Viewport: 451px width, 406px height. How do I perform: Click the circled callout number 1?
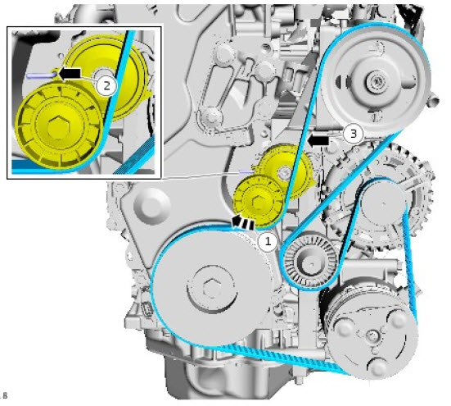click(268, 241)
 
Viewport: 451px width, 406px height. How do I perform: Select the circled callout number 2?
click(106, 85)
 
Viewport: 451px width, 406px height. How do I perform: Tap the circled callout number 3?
click(354, 134)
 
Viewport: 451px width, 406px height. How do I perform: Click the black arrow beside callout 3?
click(318, 141)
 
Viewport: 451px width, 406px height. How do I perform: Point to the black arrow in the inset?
click(70, 73)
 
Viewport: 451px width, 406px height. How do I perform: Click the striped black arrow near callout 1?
click(243, 222)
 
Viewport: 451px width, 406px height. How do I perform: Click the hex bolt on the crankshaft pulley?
click(212, 289)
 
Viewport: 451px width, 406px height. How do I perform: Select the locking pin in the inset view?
click(41, 75)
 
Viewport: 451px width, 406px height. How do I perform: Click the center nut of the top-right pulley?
click(375, 82)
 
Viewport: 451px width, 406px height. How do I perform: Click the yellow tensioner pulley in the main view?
click(258, 201)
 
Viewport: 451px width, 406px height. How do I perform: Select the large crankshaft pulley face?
click(211, 288)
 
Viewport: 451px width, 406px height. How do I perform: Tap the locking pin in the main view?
click(246, 171)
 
